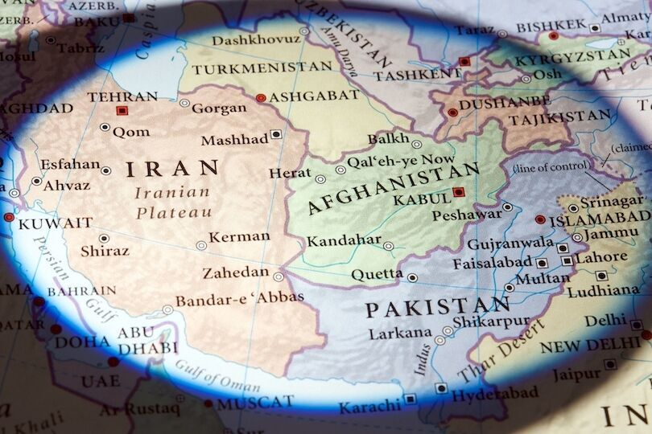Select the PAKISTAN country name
point(437,307)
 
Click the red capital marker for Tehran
point(122,110)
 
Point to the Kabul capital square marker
point(458,192)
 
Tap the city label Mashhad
point(234,140)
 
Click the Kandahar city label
point(344,240)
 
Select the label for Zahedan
point(235,272)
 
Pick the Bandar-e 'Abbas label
point(239,298)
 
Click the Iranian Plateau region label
point(173,203)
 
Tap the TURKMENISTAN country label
point(250,69)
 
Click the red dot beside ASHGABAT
point(260,98)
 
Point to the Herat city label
point(289,173)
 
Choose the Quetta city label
point(377,275)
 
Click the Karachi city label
point(369,407)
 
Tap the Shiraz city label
point(105,251)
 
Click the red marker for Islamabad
point(540,219)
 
